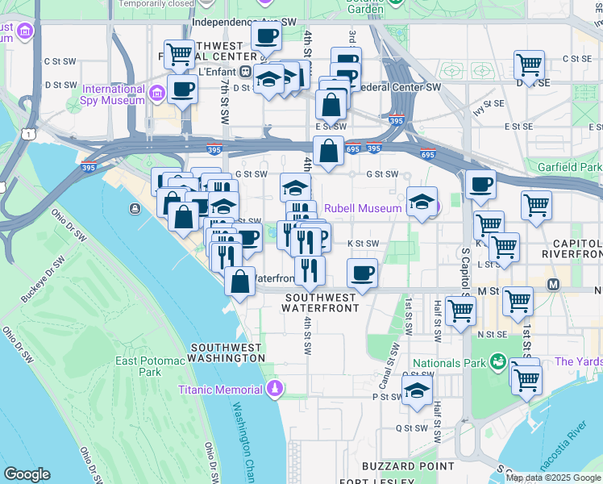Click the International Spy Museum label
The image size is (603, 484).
[x=113, y=94]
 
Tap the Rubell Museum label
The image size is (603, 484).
[x=362, y=209]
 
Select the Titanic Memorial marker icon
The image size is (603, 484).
[x=275, y=390]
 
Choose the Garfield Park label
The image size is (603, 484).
[x=573, y=167]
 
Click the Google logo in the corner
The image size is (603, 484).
[x=27, y=474]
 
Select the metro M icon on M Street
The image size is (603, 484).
[x=554, y=284]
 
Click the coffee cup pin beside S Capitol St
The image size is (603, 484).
[x=480, y=185]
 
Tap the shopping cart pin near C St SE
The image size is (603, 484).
[x=529, y=65]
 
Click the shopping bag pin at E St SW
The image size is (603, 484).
[x=328, y=152]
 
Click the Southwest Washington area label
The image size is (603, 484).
[x=227, y=352]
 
